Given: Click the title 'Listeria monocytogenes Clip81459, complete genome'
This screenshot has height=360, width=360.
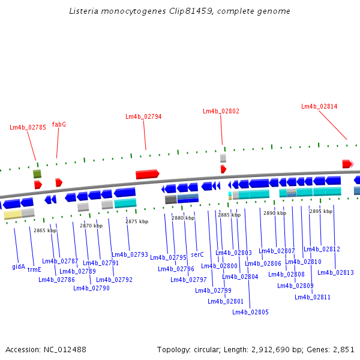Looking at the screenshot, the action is click(x=179, y=11).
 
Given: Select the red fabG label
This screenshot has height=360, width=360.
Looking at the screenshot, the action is click(x=59, y=124).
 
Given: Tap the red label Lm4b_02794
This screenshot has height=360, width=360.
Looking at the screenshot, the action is click(x=143, y=116).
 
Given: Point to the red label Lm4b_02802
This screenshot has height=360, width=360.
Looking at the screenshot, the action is click(x=221, y=111).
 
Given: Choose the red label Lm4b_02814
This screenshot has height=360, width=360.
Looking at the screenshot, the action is click(x=319, y=106).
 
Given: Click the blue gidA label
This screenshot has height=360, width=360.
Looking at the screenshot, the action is click(x=19, y=266).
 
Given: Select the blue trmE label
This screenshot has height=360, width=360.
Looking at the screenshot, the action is click(x=34, y=269).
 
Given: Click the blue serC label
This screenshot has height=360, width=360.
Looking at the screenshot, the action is click(x=197, y=254).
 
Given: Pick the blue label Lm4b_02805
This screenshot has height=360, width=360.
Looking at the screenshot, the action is click(x=250, y=312).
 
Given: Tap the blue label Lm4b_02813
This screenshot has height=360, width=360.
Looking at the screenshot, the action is click(x=335, y=272).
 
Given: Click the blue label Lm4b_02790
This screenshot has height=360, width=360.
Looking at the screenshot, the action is click(x=91, y=288).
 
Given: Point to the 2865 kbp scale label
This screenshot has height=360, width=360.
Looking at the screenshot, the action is click(x=45, y=230).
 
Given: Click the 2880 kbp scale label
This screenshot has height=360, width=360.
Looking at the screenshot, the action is click(x=183, y=218).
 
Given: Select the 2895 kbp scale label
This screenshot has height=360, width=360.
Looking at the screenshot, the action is click(x=321, y=211).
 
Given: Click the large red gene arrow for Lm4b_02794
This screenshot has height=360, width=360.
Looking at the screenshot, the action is click(x=147, y=174).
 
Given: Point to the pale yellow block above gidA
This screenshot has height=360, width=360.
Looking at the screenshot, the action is click(x=13, y=214).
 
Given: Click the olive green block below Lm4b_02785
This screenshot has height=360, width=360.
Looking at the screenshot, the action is click(x=37, y=174).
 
